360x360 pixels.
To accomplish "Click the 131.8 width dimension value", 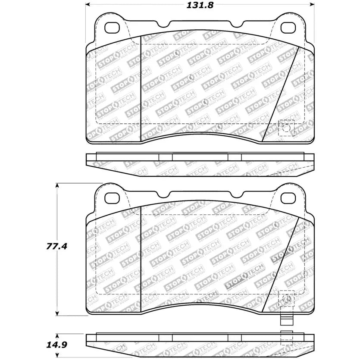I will coord(200,6).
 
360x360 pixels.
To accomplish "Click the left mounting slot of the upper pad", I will coord(113,27).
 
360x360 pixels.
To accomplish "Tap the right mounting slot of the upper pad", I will coord(287,27).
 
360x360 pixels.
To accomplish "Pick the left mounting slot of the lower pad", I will coord(113,197).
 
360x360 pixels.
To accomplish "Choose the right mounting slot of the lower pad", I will coord(287,197).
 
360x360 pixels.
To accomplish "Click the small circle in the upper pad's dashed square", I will coord(286,128).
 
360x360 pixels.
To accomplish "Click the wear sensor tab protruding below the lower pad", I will coord(286,320).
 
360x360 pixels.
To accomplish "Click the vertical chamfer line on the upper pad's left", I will coord(142,86).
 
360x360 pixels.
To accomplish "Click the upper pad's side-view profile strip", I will coord(200,164).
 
